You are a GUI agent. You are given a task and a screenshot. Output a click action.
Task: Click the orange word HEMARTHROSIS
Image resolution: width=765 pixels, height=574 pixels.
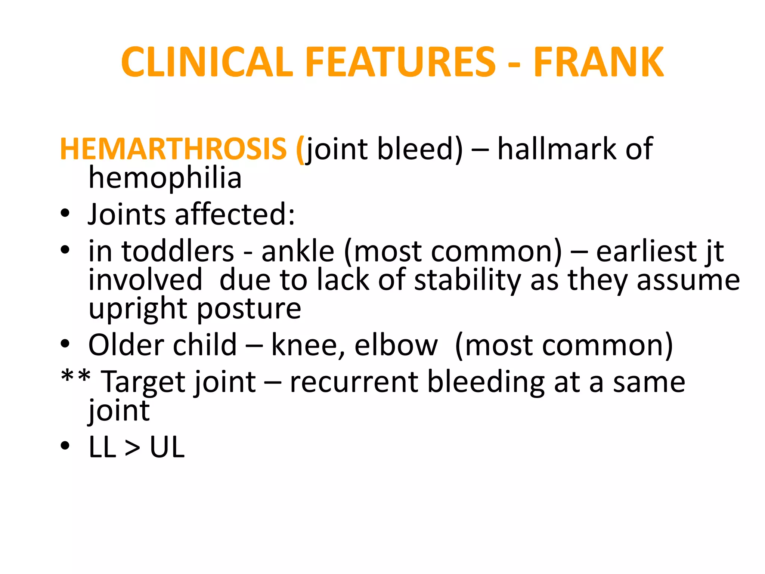point(173,149)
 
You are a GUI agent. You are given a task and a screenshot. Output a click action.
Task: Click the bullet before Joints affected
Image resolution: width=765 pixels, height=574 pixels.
point(65,214)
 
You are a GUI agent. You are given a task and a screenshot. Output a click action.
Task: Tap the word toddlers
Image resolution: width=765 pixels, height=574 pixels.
point(177,251)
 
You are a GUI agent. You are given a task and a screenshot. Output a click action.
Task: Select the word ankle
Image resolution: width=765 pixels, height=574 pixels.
point(298,251)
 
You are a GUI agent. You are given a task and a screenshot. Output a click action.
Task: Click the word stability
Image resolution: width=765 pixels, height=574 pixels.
point(468,280)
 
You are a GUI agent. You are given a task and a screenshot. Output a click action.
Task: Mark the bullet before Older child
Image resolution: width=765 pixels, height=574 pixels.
point(65,344)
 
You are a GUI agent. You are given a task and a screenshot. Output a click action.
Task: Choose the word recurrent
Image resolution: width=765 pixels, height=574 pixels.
point(354,382)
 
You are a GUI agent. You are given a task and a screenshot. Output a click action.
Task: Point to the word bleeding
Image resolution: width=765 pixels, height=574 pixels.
point(486,382)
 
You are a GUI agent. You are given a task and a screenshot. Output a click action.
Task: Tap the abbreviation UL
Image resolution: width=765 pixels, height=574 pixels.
point(167,447)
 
